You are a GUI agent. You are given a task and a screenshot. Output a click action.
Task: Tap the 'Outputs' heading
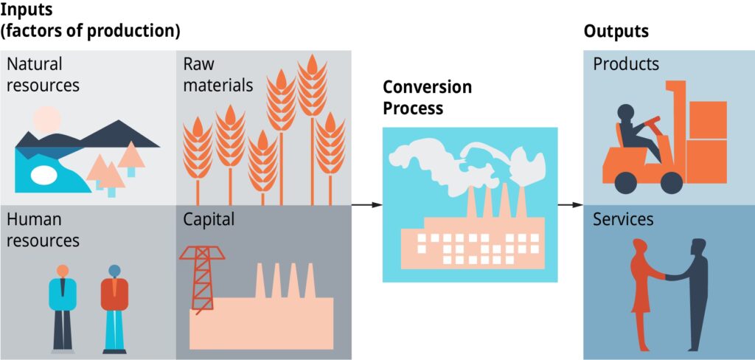pyautogui.click(x=616, y=32)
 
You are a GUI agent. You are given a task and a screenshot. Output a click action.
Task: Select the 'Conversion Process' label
pyautogui.click(x=427, y=97)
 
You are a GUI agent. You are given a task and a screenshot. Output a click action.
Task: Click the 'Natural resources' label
pyautogui.click(x=42, y=75)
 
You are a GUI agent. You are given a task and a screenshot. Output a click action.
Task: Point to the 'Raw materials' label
pyautogui.click(x=218, y=75)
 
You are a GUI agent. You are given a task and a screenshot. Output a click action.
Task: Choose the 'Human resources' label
pyautogui.click(x=42, y=229)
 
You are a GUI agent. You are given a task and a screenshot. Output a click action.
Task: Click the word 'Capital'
pyautogui.click(x=209, y=219)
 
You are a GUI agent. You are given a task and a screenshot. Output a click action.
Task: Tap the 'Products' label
pyautogui.click(x=625, y=64)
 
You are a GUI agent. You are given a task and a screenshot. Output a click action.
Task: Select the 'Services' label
pyautogui.click(x=623, y=220)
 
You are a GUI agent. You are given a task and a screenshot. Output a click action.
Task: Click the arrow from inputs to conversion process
pyautogui.click(x=367, y=204)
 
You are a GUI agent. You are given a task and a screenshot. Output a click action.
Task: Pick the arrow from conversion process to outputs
pyautogui.click(x=570, y=204)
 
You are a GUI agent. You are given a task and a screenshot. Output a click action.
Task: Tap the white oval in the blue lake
pyautogui.click(x=42, y=175)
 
